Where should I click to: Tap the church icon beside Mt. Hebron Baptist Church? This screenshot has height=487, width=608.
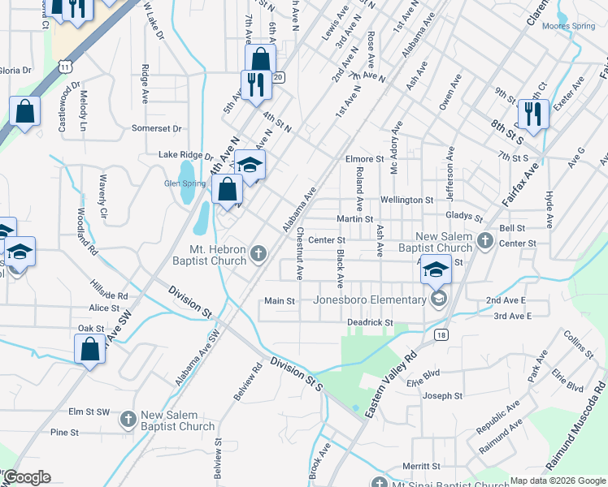tap(258, 255)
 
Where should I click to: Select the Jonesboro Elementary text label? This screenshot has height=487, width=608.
tap(370, 300)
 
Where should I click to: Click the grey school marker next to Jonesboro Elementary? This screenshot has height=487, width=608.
tap(439, 300)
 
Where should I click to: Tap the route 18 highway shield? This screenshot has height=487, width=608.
tap(441, 334)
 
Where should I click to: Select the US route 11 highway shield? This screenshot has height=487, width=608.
tap(63, 67)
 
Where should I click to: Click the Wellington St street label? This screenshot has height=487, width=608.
tap(406, 200)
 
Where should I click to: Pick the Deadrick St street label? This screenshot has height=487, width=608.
tap(370, 322)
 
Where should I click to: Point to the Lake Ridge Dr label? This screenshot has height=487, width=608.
tap(185, 155)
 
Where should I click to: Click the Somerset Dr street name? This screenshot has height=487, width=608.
tap(156, 128)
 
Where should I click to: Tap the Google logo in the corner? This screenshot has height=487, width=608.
tap(26, 477)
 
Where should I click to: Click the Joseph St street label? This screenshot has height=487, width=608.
tap(442, 396)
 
